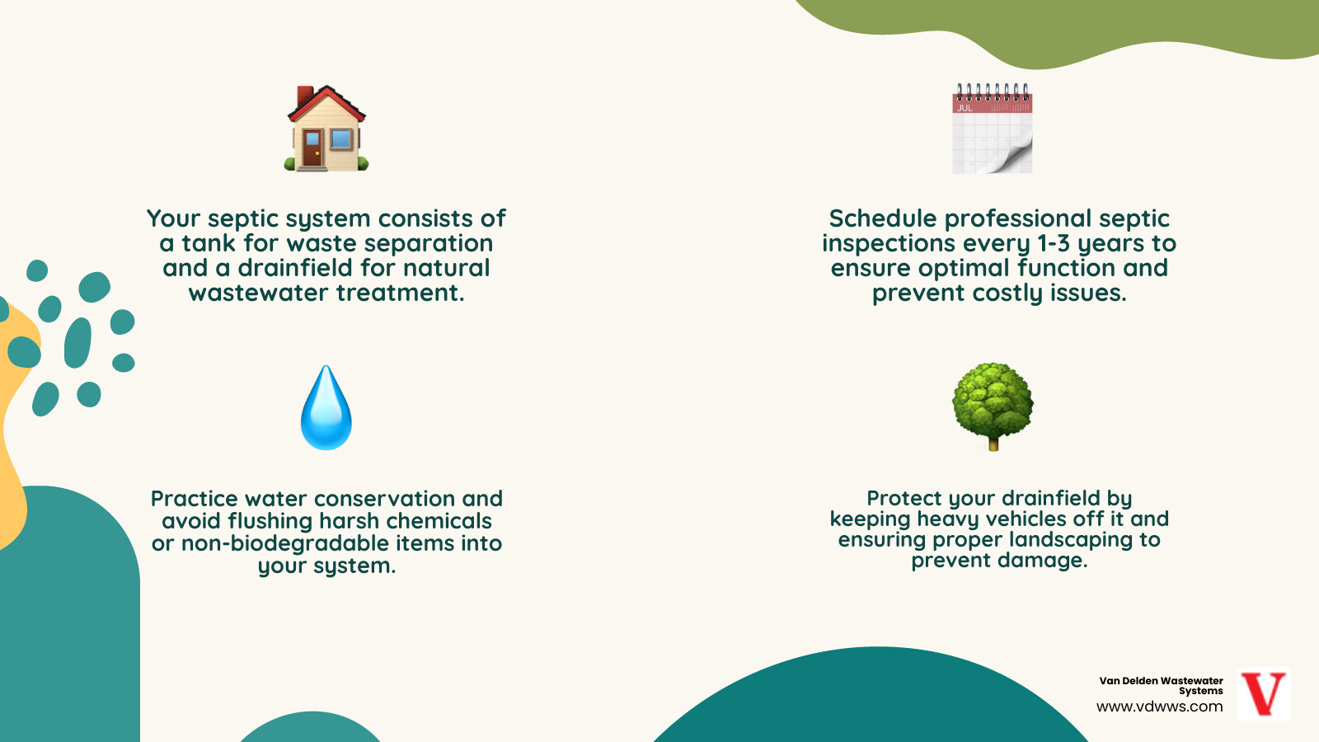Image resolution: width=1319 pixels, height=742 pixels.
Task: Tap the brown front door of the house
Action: point(312,148)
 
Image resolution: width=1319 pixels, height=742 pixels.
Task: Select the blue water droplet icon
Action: point(326,410)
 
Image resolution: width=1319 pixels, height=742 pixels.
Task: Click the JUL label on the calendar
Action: point(965,107)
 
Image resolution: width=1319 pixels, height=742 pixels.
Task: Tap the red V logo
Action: point(1264,693)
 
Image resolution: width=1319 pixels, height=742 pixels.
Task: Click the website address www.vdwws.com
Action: point(1159,707)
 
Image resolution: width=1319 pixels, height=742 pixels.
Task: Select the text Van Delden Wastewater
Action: point(1161,681)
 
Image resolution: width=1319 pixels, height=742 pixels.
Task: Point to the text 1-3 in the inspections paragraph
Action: point(1054,243)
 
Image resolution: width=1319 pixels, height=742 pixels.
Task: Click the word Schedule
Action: point(882,218)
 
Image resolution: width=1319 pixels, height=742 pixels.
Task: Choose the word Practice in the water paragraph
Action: point(194,499)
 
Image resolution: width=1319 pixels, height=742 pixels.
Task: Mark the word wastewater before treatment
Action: point(258,293)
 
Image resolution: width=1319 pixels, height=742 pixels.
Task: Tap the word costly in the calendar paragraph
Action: point(1007,293)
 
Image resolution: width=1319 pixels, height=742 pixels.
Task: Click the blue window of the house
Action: point(340,139)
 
